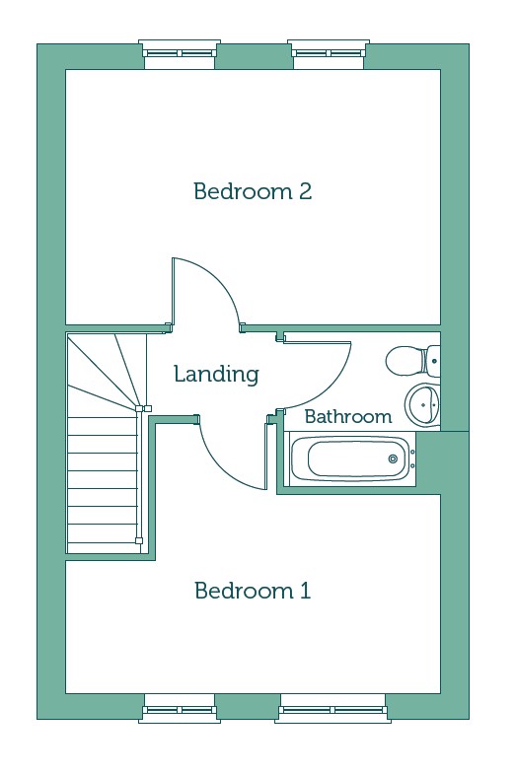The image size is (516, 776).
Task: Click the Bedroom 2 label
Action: point(253,191)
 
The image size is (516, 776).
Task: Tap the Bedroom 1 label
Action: point(253,591)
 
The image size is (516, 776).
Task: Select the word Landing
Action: point(216,375)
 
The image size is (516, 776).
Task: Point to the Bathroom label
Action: point(348,417)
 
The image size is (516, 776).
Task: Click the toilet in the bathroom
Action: point(412,361)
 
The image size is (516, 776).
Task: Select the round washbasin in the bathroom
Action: point(422,404)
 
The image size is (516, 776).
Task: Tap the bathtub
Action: point(352,459)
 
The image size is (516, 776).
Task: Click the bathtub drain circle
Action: point(393,459)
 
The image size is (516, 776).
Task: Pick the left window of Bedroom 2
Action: point(180,52)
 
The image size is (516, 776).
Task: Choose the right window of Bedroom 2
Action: point(329,52)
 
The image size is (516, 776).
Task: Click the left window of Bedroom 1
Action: point(180,709)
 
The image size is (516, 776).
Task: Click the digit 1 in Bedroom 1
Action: point(306,591)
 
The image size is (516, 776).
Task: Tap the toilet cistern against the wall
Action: point(433,361)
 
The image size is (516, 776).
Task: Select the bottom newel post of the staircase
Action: point(139,540)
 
